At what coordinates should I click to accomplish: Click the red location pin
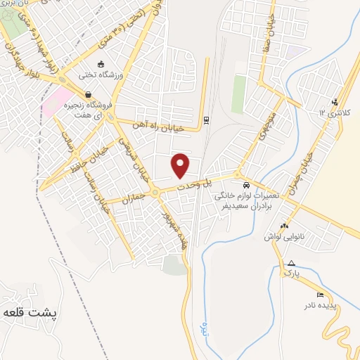(181, 165)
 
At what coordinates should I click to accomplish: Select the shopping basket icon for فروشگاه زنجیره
(88, 94)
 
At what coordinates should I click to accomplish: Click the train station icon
(206, 120)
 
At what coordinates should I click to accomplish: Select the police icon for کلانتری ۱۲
(335, 101)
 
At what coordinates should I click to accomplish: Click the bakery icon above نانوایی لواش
(284, 226)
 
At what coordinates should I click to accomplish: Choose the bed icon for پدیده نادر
(321, 294)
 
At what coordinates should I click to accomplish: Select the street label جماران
(133, 198)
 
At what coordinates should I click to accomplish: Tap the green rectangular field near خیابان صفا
(239, 94)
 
